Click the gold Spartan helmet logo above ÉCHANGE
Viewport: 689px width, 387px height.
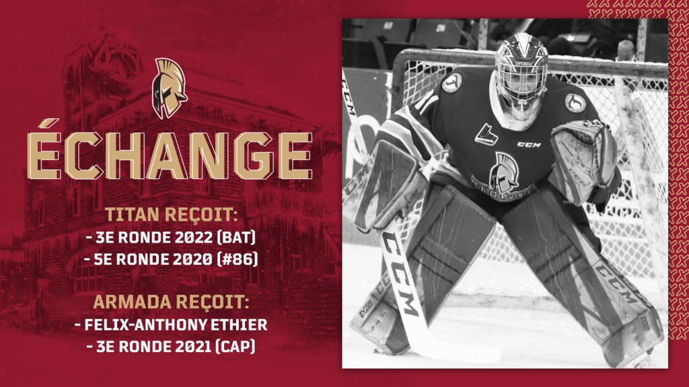[169, 88]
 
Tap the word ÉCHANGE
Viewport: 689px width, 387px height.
[170, 151]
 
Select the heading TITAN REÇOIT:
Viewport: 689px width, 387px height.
[171, 214]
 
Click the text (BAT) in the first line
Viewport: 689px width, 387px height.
[236, 237]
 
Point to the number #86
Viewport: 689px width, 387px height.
[238, 259]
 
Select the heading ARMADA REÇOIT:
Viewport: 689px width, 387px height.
[171, 302]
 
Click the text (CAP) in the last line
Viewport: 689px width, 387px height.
[235, 346]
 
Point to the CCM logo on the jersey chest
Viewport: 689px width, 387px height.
[529, 144]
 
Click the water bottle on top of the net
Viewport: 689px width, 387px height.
[626, 51]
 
